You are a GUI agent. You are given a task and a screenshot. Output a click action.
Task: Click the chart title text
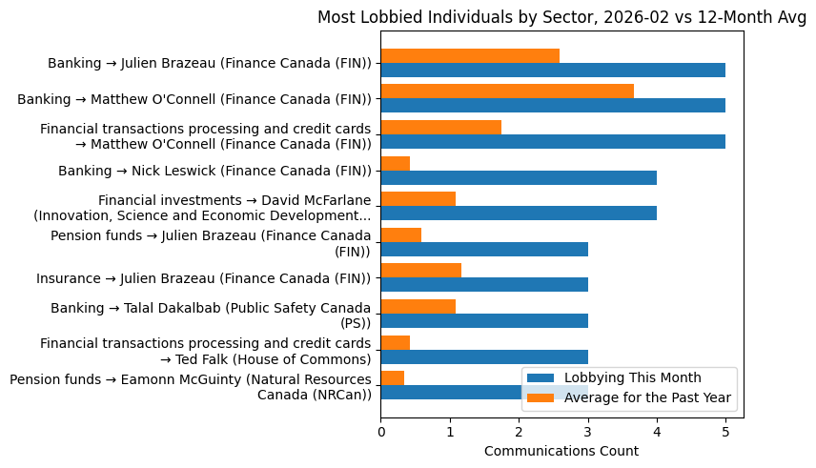point(561,17)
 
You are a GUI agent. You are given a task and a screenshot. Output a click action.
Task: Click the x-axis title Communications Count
point(561,451)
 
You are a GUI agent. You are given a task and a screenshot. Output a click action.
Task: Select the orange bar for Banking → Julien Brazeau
point(470,55)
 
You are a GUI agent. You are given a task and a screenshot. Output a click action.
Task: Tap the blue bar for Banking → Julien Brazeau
point(553,71)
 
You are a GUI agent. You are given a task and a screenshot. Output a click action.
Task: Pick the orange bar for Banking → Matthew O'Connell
point(507,91)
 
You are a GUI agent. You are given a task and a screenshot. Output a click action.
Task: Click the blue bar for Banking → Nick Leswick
point(519,177)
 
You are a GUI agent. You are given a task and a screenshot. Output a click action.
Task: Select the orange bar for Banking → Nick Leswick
point(396,163)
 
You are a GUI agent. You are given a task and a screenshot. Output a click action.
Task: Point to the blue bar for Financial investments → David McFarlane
point(519,214)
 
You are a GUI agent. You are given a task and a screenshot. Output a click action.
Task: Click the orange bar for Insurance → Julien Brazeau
point(420,270)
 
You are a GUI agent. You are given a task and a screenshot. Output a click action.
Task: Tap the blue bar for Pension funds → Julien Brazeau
point(484,249)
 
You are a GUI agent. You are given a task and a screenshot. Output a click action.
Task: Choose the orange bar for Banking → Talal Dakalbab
point(418,306)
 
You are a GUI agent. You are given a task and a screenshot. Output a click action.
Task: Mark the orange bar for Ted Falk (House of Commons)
point(396,341)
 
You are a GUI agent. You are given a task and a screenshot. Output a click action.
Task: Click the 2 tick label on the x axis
point(519,432)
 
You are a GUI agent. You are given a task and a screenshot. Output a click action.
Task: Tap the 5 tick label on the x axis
point(725,432)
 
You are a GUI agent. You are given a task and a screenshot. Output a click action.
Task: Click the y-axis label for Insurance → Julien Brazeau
point(203,278)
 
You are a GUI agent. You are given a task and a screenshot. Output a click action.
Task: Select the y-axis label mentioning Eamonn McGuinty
point(191,387)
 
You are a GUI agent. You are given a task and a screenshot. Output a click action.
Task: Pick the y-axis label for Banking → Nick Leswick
point(214,171)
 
